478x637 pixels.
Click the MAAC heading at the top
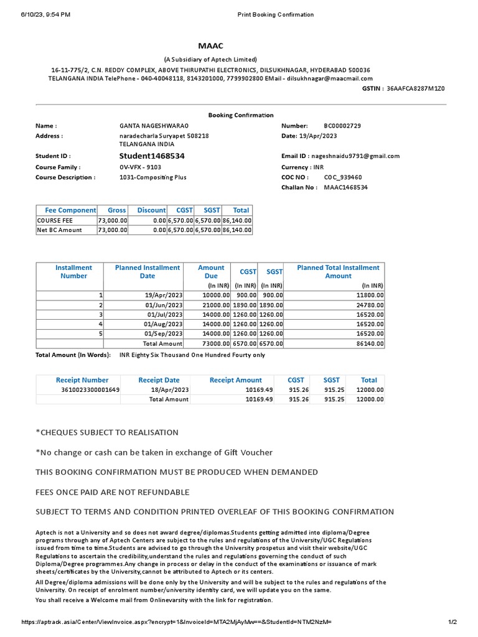tap(210, 47)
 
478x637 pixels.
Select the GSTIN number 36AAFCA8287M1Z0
tap(416, 89)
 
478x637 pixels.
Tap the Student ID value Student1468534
tap(152, 156)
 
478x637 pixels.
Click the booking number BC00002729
tap(342, 126)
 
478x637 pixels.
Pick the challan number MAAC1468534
tap(346, 187)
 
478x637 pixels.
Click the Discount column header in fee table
tap(152, 210)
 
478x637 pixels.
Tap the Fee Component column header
tap(70, 210)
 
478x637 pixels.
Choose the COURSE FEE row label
tap(55, 220)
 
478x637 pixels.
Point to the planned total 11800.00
tap(368, 295)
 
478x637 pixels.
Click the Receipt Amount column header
tap(236, 379)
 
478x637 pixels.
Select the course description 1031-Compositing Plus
tap(152, 177)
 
